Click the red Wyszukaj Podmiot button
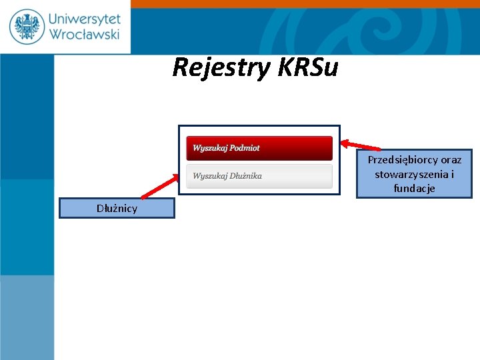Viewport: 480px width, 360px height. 259,148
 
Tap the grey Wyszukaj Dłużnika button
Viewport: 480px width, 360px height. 259,176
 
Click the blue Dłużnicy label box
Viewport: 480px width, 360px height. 117,209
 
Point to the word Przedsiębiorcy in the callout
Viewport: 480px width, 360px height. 403,160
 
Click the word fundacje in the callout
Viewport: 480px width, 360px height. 414,189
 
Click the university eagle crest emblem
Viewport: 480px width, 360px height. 27,27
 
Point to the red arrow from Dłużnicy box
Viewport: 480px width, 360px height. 159,187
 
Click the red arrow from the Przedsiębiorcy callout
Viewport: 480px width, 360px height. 361,145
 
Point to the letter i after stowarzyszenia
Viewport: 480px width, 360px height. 452,175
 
